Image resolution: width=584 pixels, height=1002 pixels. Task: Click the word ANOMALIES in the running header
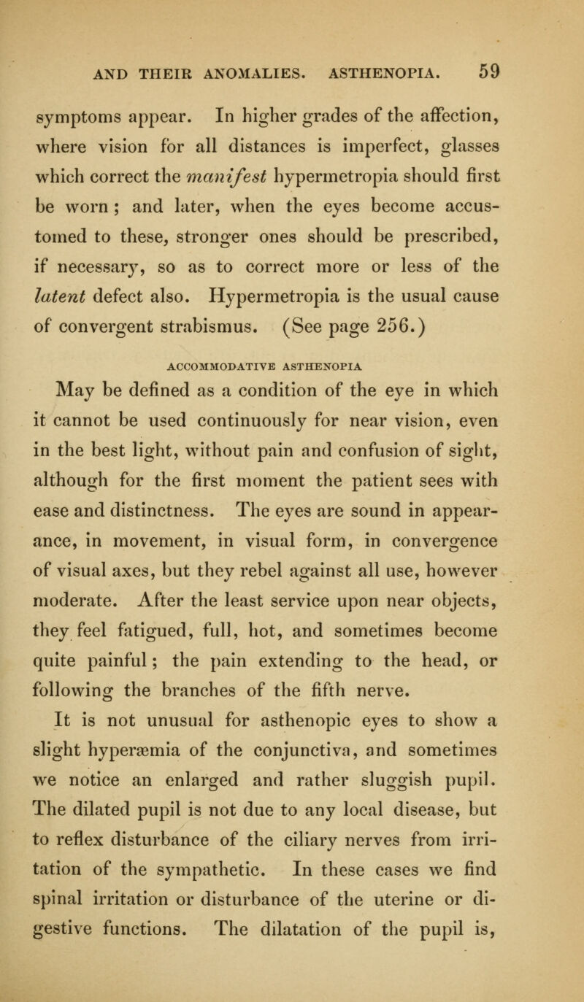click(x=245, y=72)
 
